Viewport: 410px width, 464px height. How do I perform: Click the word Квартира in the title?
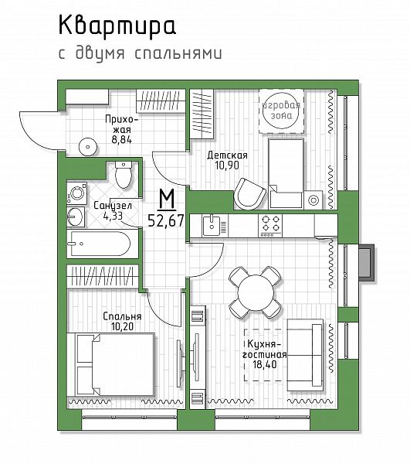(x=117, y=26)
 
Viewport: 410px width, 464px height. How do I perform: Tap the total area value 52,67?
(x=166, y=220)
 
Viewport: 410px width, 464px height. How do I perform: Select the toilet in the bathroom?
(x=123, y=175)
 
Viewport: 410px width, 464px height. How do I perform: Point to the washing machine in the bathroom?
(x=76, y=193)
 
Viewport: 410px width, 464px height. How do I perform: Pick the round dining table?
(x=255, y=292)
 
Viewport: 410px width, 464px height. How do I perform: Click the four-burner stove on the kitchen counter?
(x=270, y=225)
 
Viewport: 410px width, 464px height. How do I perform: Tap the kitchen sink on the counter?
(x=212, y=226)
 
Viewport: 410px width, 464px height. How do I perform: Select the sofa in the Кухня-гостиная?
(x=304, y=355)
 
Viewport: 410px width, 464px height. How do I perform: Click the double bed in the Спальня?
(x=111, y=364)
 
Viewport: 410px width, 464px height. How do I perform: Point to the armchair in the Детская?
(x=249, y=194)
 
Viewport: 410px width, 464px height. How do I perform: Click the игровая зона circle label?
(x=282, y=111)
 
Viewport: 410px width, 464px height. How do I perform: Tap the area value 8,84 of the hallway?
(x=122, y=139)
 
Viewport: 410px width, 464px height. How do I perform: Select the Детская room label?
(x=227, y=155)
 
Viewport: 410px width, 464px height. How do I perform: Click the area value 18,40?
(x=265, y=364)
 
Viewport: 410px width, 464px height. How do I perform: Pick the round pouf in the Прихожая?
(x=88, y=146)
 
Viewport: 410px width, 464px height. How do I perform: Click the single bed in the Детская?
(x=286, y=173)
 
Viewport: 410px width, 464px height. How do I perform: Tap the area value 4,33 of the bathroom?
(x=113, y=216)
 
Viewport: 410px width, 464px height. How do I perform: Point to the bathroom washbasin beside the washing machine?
(x=76, y=217)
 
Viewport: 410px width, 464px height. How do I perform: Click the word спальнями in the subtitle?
(x=178, y=53)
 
